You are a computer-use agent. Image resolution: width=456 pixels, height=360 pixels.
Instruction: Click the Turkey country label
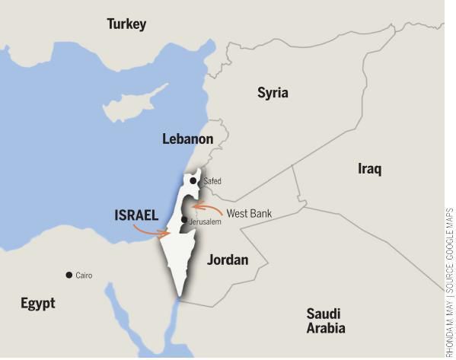[126, 24]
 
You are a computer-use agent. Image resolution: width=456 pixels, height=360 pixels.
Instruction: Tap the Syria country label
[273, 93]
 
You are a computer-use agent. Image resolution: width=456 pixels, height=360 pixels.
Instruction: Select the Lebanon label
[187, 139]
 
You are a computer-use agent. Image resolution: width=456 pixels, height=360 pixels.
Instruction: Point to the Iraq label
[369, 168]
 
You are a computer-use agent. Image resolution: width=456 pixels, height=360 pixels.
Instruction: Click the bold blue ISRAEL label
[136, 215]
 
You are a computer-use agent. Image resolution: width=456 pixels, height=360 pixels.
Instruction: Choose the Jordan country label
[228, 260]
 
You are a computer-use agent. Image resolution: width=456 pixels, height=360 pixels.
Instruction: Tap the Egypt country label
[38, 303]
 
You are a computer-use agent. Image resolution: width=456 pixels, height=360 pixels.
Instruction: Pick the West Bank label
[249, 213]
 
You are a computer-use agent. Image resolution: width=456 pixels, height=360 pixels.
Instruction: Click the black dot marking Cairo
[69, 275]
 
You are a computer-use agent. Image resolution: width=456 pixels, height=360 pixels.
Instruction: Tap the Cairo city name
[84, 276]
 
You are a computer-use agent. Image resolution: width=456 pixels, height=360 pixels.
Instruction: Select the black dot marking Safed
[193, 180]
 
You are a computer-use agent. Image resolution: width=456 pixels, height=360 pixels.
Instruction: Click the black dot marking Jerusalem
[184, 220]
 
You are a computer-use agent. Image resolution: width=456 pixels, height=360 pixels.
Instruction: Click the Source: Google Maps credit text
[449, 252]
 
